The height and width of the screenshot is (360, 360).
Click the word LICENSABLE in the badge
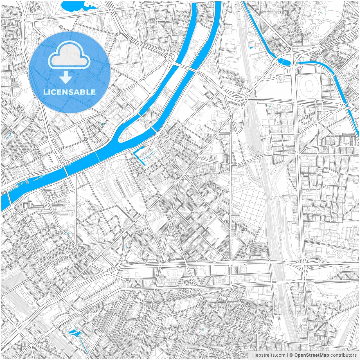coord(69,92)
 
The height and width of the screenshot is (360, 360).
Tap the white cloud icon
coord(69,55)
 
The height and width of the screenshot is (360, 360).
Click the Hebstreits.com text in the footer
coord(269,355)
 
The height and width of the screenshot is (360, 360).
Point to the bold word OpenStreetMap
coord(311,355)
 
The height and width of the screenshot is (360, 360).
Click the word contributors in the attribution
coord(343,355)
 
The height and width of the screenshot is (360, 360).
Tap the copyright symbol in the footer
coord(291,355)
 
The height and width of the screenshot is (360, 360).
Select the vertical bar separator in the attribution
coord(287,355)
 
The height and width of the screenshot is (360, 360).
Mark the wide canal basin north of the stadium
coord(284,61)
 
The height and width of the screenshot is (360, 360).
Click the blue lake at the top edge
coord(74,6)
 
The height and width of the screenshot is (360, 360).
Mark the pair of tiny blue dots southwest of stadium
coord(270,107)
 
